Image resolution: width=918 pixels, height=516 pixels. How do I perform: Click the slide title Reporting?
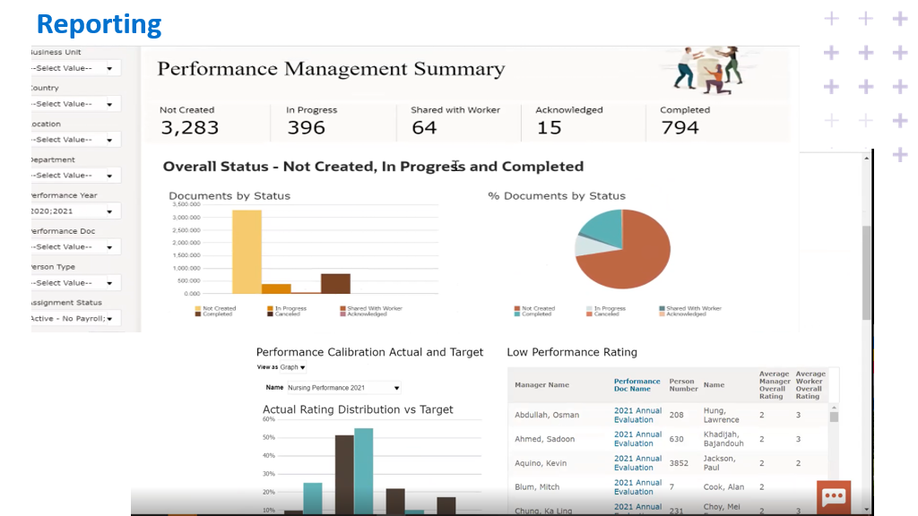[x=100, y=23]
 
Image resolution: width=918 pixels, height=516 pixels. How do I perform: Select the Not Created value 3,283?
[x=189, y=127]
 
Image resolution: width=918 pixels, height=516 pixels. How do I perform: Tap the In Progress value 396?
[x=306, y=127]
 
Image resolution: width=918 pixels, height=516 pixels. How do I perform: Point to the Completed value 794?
[x=680, y=127]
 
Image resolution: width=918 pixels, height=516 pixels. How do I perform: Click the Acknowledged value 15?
[x=549, y=127]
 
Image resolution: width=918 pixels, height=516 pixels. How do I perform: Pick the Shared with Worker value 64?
[x=424, y=127]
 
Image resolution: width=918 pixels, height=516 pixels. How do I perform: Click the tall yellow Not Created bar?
[x=247, y=252]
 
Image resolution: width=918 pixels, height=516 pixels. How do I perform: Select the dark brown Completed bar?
[x=335, y=283]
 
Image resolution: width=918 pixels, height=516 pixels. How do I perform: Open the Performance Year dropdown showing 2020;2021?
[x=75, y=211]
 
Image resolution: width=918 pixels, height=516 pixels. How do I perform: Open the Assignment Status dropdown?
[x=75, y=318]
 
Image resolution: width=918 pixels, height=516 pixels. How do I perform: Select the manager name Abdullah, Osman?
[x=547, y=415]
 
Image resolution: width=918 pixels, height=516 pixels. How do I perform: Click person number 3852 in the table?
[x=679, y=462]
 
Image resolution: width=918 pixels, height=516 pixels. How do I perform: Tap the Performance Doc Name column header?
[x=637, y=385]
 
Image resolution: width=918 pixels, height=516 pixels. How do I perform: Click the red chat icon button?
[x=834, y=497]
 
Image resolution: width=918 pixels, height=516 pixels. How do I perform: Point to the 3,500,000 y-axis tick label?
[x=186, y=205]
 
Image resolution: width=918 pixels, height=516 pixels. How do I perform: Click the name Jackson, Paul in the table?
[x=720, y=462]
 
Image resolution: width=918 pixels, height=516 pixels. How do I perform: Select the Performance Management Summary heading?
[x=331, y=69]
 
